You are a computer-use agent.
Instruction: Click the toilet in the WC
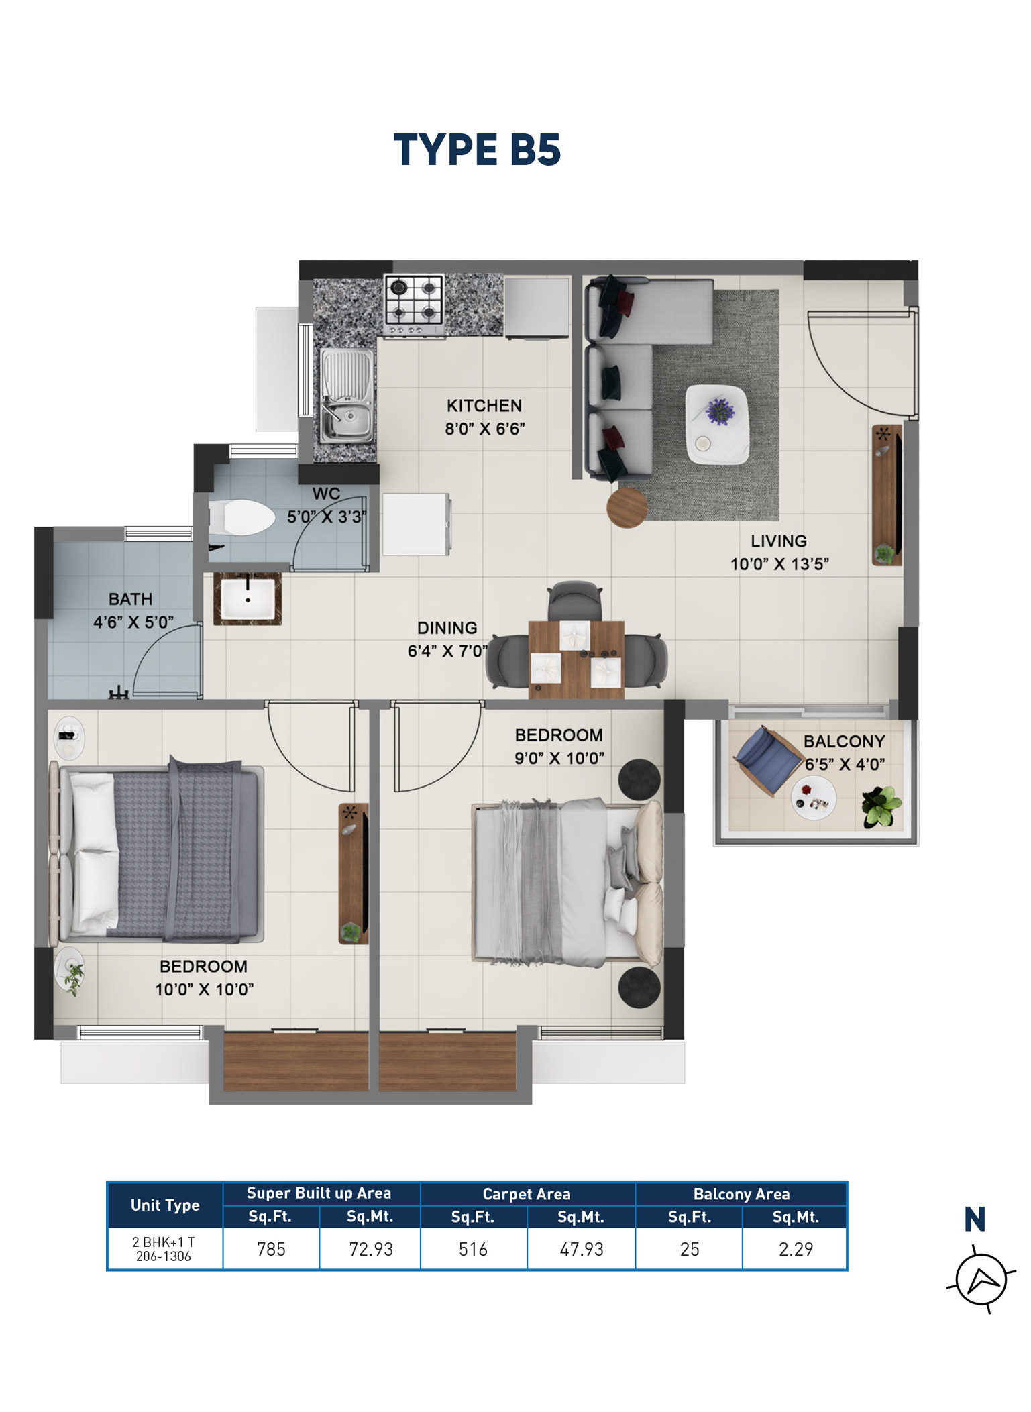tap(243, 517)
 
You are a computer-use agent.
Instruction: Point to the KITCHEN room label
tap(484, 406)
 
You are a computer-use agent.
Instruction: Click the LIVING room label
tap(778, 541)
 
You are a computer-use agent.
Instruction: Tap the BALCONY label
tap(844, 741)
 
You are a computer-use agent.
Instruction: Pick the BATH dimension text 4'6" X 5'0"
tap(133, 622)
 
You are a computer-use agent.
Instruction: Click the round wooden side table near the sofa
tap(627, 508)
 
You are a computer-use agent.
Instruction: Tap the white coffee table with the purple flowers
tap(716, 424)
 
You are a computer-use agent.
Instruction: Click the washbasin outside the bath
tap(248, 598)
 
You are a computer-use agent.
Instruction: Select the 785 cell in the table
tap(271, 1249)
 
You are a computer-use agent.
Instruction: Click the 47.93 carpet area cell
tap(581, 1249)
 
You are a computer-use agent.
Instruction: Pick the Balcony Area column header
tap(741, 1194)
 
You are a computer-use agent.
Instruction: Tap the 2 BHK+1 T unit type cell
tap(164, 1249)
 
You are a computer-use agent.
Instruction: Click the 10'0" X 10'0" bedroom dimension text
tap(204, 989)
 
